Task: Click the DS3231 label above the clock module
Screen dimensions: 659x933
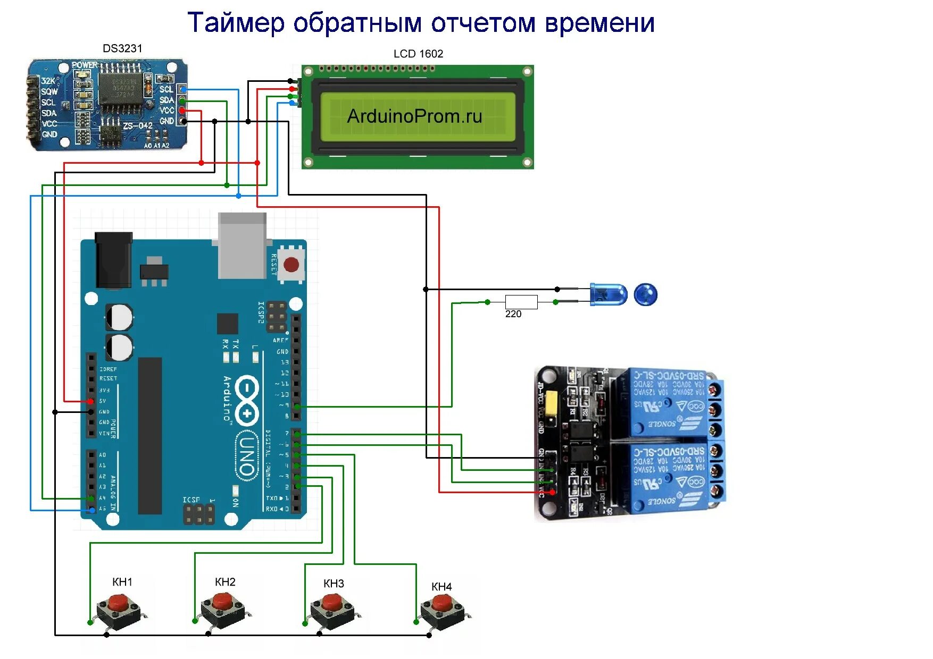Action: click(x=122, y=48)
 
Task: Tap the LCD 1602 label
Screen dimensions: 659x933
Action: click(x=418, y=54)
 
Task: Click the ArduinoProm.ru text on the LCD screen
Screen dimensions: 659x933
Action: click(x=414, y=116)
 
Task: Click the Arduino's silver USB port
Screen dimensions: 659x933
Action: click(x=242, y=245)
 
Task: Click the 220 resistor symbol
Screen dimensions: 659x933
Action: click(x=521, y=302)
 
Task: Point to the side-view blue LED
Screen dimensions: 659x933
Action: click(x=609, y=295)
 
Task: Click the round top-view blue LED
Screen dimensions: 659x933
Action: click(x=646, y=294)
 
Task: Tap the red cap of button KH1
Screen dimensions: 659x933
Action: click(x=121, y=603)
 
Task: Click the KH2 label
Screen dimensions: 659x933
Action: click(x=225, y=582)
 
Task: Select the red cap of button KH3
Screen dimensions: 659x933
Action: click(x=332, y=602)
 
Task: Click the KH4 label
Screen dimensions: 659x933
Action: click(x=441, y=587)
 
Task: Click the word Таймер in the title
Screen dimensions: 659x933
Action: click(x=236, y=23)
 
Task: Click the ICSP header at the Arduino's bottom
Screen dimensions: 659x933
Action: click(x=199, y=513)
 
